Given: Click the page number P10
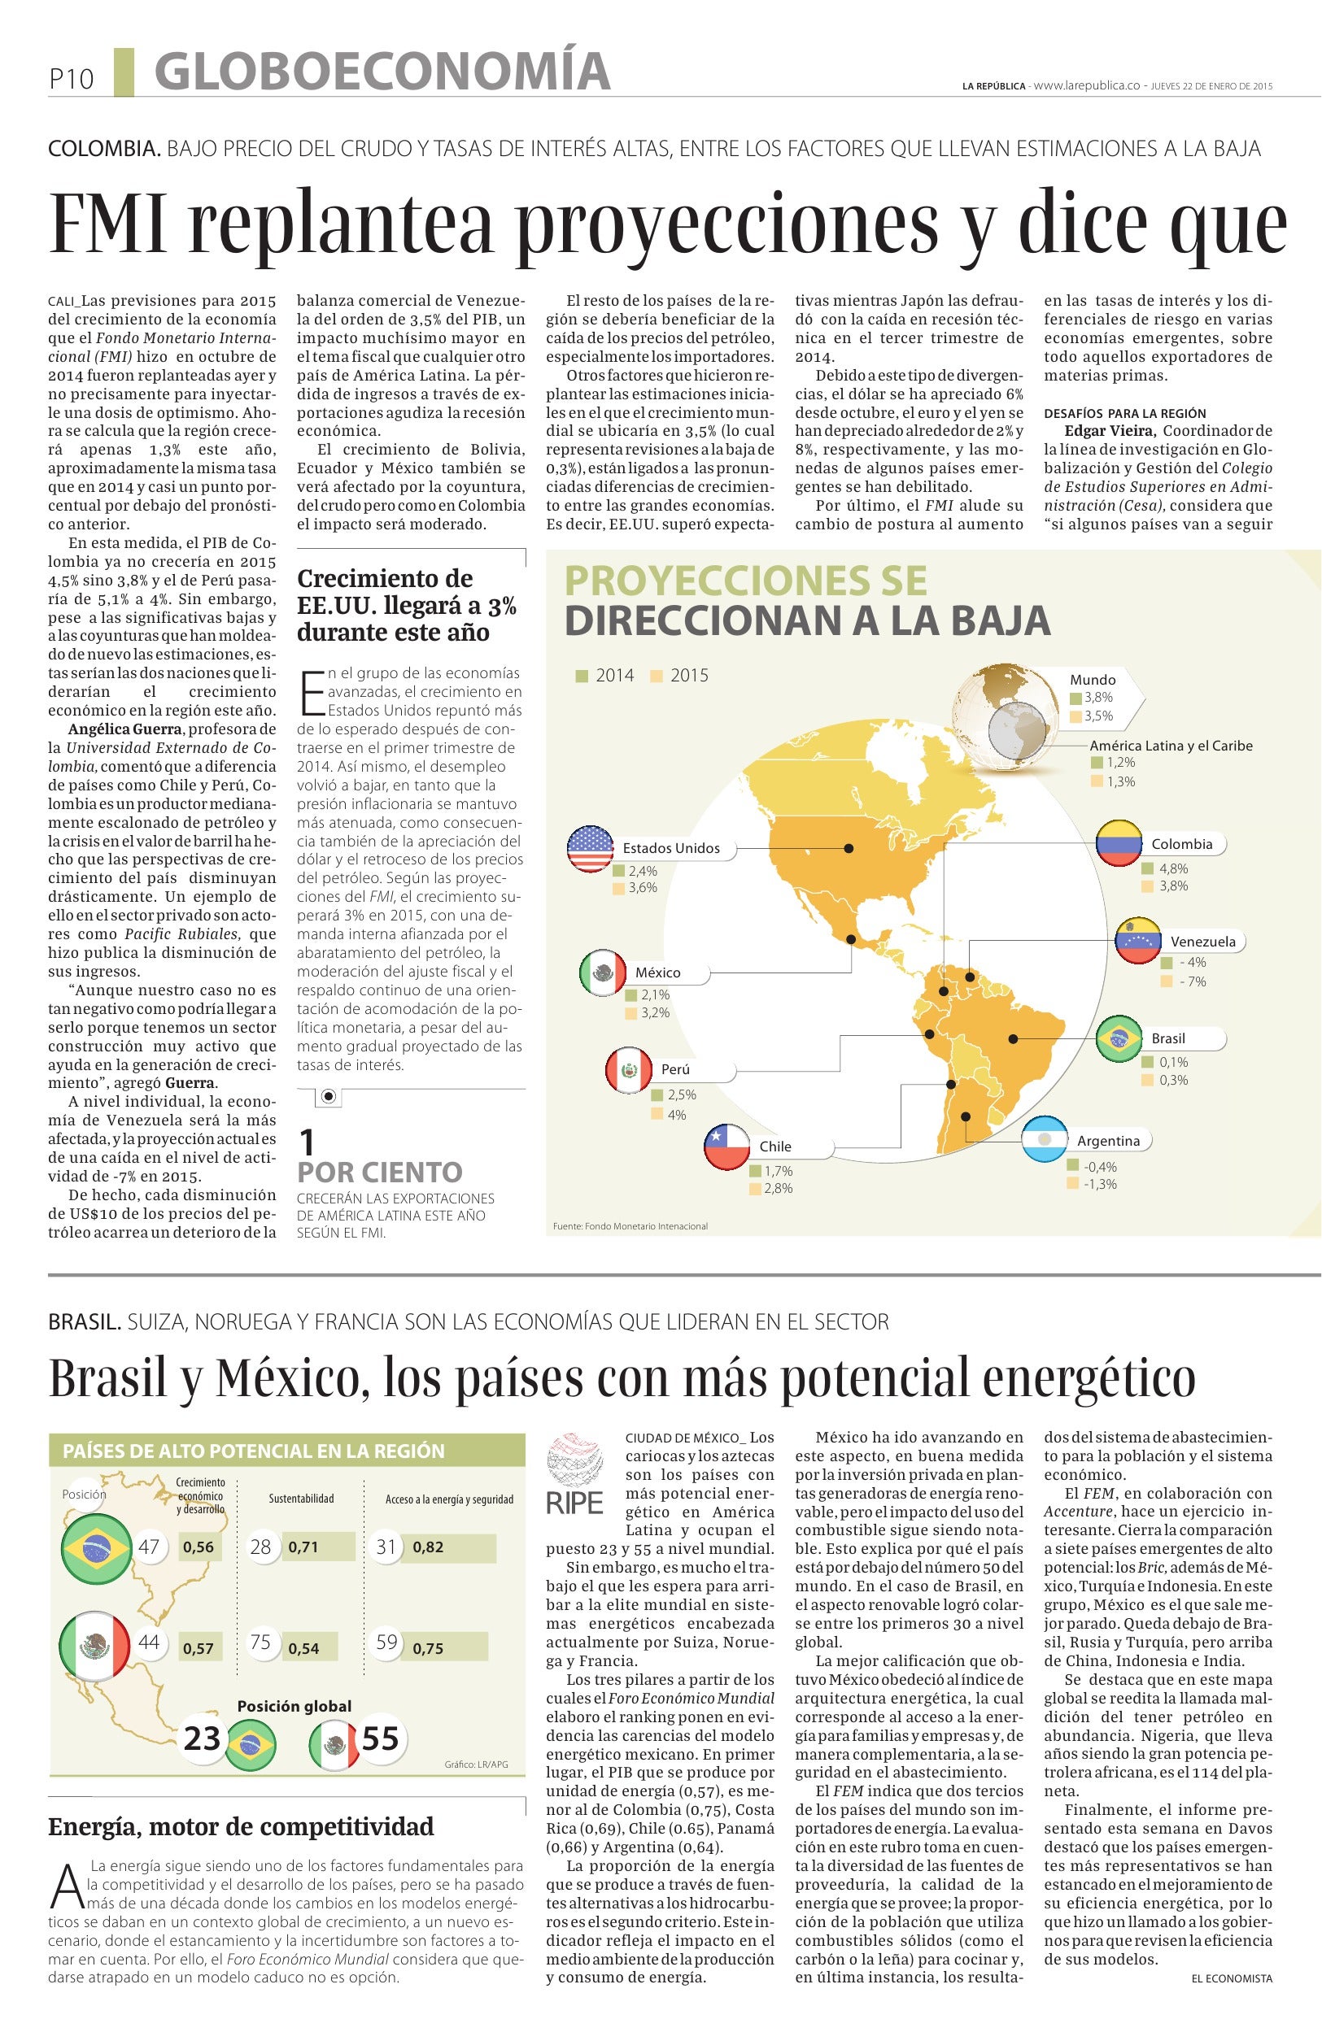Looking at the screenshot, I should [x=70, y=79].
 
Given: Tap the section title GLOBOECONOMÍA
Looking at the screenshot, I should [x=382, y=72].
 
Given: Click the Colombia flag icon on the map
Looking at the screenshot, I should [x=1119, y=843].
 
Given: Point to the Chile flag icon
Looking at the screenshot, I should [x=726, y=1146].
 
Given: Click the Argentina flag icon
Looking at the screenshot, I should [x=1045, y=1140].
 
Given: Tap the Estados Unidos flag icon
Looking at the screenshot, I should [x=590, y=849].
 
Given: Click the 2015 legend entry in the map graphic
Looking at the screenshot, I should [x=680, y=676].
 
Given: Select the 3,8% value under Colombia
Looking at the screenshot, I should [x=1172, y=885].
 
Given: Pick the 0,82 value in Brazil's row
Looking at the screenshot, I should [x=428, y=1547].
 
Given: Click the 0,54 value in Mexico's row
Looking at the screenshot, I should [x=303, y=1649].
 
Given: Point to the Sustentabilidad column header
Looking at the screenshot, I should [x=301, y=1499].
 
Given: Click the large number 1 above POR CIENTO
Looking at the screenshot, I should [x=307, y=1142].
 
